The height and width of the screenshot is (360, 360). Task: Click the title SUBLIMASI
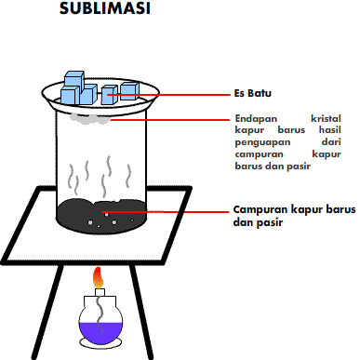coord(104,10)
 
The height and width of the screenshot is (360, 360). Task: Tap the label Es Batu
coord(250,94)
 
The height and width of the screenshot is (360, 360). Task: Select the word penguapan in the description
coord(258,143)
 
